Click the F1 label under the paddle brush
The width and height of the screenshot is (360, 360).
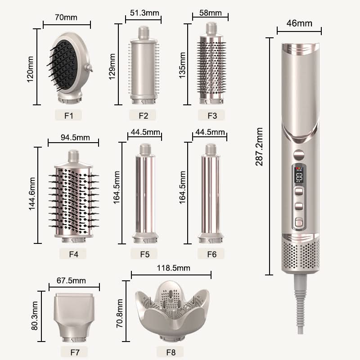click(68, 115)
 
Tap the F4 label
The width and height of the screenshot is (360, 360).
click(74, 254)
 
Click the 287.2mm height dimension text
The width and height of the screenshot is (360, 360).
click(260, 146)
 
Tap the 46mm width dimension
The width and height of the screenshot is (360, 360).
click(298, 23)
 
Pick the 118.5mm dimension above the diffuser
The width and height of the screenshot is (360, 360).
click(171, 268)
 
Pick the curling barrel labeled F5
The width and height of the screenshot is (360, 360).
click(144, 193)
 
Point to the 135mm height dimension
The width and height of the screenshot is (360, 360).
click(183, 65)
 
